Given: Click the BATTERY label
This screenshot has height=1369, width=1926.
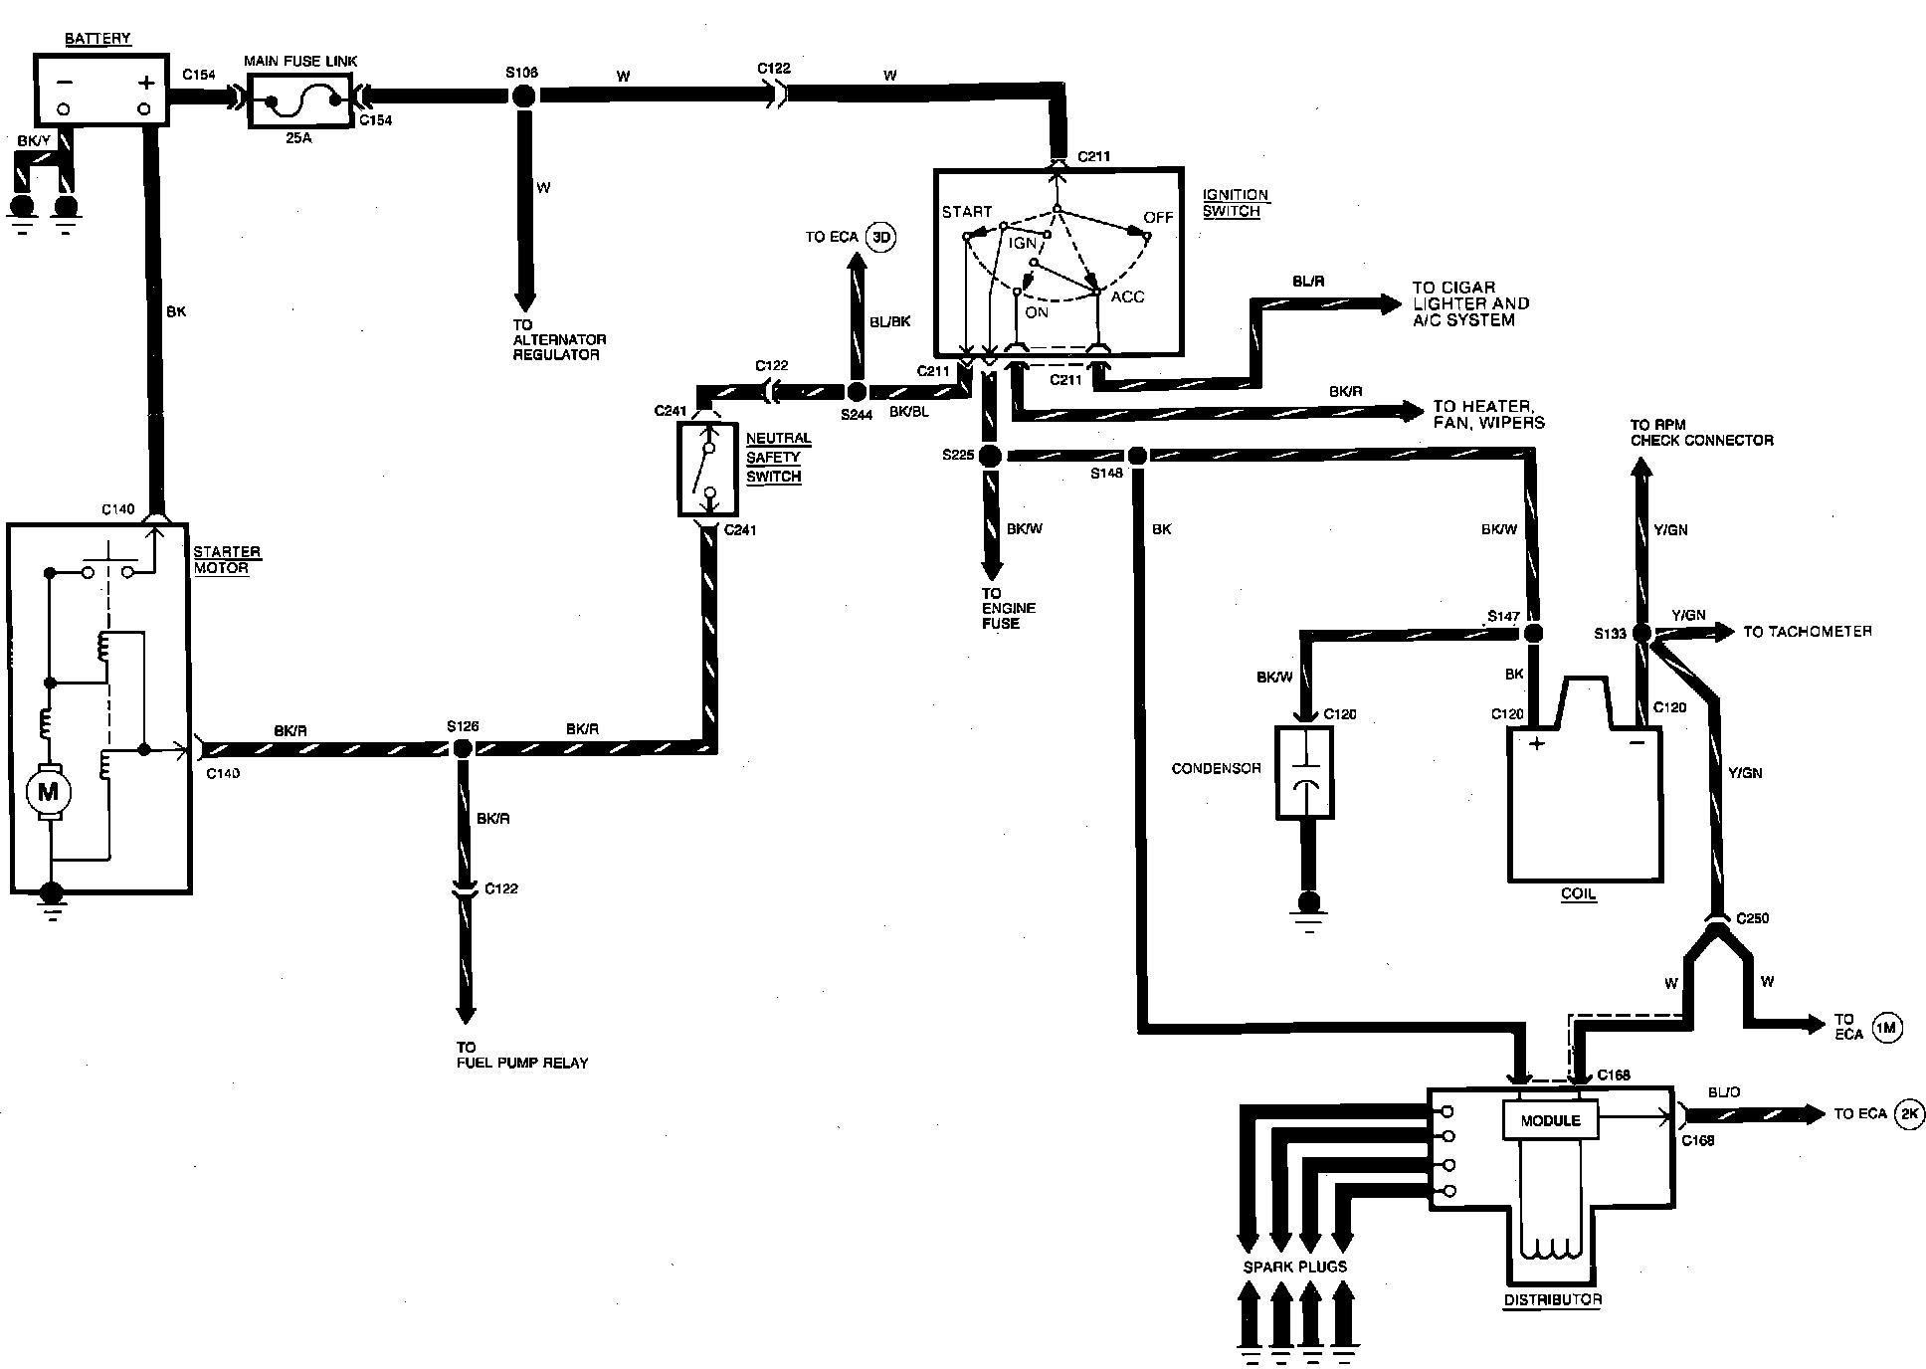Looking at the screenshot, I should pyautogui.click(x=97, y=39).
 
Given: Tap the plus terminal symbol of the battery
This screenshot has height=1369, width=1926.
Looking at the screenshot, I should pyautogui.click(x=147, y=83).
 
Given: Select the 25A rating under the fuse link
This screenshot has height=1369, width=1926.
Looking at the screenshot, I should pyautogui.click(x=298, y=138).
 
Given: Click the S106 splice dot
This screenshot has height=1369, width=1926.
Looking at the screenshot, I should pyautogui.click(x=524, y=96).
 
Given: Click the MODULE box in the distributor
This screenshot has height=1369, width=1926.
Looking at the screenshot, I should pyautogui.click(x=1550, y=1120).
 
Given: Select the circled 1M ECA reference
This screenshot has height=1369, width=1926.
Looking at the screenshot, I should pyautogui.click(x=1887, y=1029).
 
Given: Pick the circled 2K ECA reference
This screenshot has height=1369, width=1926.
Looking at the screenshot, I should pyautogui.click(x=1910, y=1113).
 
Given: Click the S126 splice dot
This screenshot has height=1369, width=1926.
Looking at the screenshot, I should pyautogui.click(x=462, y=749).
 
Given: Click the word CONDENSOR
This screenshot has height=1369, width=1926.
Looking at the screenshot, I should pyautogui.click(x=1216, y=768).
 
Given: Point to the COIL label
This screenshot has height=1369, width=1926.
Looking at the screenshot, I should pyautogui.click(x=1578, y=893).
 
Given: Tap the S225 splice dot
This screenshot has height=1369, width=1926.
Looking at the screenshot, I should pyautogui.click(x=990, y=456).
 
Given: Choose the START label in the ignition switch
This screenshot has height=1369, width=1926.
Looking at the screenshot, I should pyautogui.click(x=967, y=212).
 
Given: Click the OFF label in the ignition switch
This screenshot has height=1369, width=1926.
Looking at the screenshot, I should pyautogui.click(x=1158, y=217).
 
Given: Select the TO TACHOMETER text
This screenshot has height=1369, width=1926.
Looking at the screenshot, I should pyautogui.click(x=1807, y=632).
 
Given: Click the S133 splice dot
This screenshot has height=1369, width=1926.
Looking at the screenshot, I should pyautogui.click(x=1641, y=633).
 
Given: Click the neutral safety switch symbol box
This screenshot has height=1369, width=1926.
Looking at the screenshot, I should pyautogui.click(x=707, y=469).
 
